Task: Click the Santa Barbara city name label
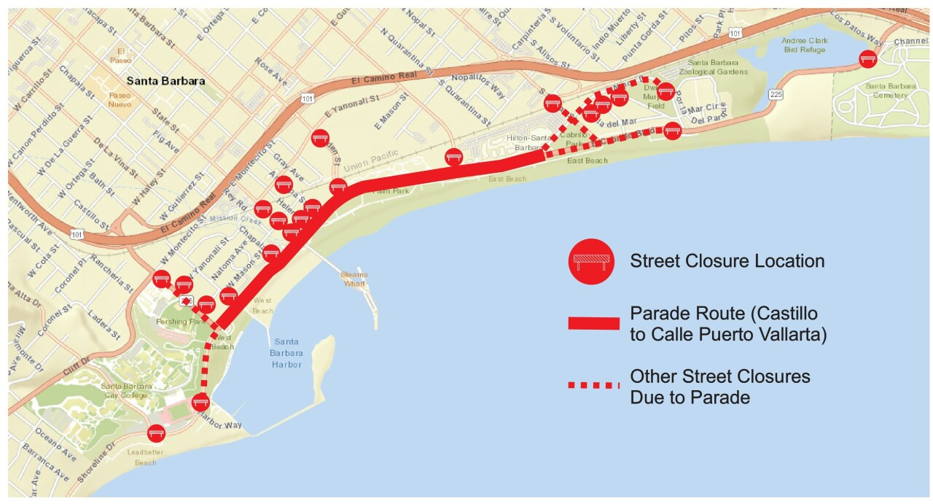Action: click(x=165, y=81)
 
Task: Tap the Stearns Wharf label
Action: click(x=354, y=279)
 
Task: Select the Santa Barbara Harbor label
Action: click(x=287, y=353)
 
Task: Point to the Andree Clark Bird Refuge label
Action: click(x=803, y=45)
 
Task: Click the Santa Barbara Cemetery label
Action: click(x=886, y=90)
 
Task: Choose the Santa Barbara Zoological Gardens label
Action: click(x=713, y=67)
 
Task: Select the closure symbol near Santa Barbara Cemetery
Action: click(x=867, y=59)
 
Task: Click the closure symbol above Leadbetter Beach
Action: click(x=156, y=433)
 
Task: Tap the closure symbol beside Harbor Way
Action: click(x=200, y=401)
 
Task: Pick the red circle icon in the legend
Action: click(x=591, y=261)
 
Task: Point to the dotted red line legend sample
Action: click(x=593, y=385)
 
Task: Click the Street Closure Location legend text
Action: click(x=727, y=261)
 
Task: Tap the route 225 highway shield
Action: click(x=776, y=94)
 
